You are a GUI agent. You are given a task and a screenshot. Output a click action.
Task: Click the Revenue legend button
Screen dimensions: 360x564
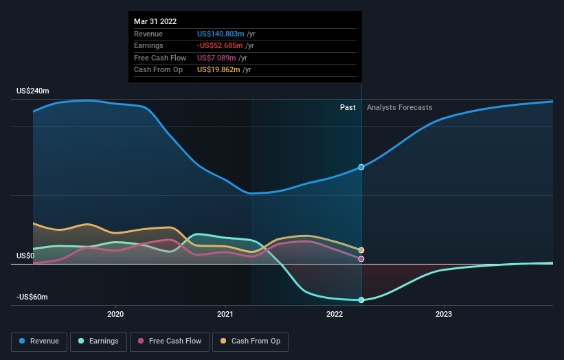pyautogui.click(x=39, y=341)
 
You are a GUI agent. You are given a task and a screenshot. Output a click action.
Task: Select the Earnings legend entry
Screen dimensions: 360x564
pyautogui.click(x=98, y=341)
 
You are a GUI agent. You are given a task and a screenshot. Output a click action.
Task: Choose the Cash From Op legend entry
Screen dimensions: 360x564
pyautogui.click(x=251, y=341)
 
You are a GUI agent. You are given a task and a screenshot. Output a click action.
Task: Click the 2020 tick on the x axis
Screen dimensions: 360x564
pyautogui.click(x=115, y=315)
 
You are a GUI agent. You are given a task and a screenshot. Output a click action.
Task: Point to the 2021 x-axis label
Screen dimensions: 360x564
pyautogui.click(x=225, y=315)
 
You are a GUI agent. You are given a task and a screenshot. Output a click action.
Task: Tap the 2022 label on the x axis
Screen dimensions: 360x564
pyautogui.click(x=335, y=315)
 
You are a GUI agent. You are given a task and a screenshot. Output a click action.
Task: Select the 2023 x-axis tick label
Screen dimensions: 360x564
pyautogui.click(x=444, y=315)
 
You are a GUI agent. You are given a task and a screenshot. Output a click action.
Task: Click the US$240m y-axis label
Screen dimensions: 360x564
pyautogui.click(x=33, y=91)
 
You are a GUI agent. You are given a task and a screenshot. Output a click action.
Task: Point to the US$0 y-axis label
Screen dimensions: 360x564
pyautogui.click(x=25, y=256)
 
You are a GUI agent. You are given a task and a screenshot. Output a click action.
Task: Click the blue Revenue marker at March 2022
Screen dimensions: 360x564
pyautogui.click(x=361, y=167)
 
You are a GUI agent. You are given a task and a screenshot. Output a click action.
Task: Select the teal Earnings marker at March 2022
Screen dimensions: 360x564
pyautogui.click(x=361, y=300)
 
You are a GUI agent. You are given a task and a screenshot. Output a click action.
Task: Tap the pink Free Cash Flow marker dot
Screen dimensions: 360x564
pyautogui.click(x=361, y=259)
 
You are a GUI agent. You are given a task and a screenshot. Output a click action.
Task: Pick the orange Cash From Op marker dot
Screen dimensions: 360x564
pyautogui.click(x=361, y=250)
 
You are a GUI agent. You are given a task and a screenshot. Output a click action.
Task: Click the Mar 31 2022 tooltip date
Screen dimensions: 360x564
pyautogui.click(x=155, y=21)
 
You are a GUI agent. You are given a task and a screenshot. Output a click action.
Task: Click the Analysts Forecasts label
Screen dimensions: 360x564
pyautogui.click(x=400, y=107)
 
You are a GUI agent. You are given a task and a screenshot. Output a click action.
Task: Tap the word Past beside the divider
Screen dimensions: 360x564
pyautogui.click(x=348, y=107)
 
